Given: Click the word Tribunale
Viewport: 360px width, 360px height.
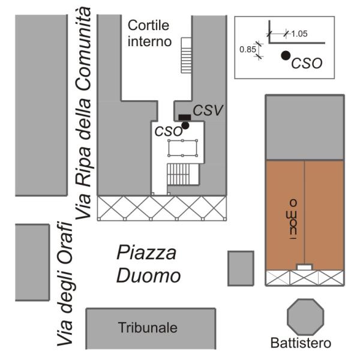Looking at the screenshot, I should coord(148,328).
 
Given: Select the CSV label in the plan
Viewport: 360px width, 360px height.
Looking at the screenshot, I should coord(208,110).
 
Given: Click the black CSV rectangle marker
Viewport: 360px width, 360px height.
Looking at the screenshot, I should coord(185,116).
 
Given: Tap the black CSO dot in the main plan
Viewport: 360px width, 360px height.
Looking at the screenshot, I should coord(185,125).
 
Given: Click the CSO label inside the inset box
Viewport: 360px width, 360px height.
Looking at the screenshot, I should coord(306,63).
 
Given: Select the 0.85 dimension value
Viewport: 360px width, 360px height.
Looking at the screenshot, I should coord(247,50).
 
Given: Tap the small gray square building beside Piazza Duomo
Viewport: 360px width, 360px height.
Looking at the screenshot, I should coord(241,268).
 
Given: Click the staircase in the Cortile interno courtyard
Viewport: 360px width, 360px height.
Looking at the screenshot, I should coord(185,55).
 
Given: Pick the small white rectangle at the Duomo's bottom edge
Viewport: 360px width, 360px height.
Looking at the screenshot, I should coord(305,266).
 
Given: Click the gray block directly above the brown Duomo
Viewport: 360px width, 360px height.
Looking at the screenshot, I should coord(305,127).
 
